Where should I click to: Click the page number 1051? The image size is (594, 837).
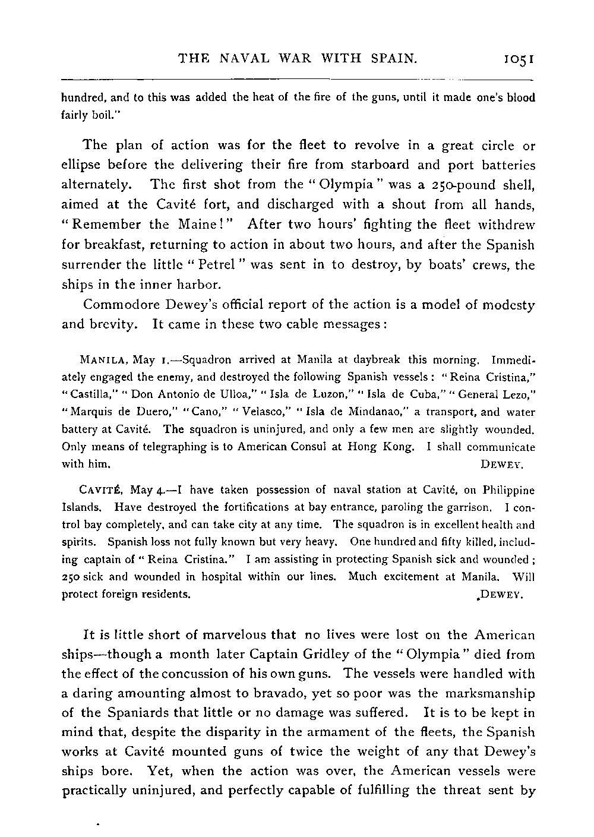[x=519, y=59]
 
